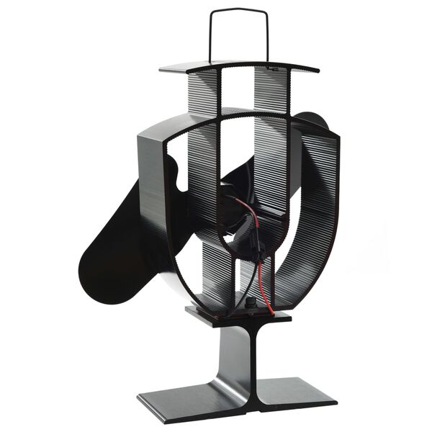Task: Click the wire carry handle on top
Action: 240,10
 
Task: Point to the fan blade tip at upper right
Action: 314,120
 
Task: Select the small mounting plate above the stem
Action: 238,315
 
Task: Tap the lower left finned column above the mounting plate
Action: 216,274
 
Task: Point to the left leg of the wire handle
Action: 212,36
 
